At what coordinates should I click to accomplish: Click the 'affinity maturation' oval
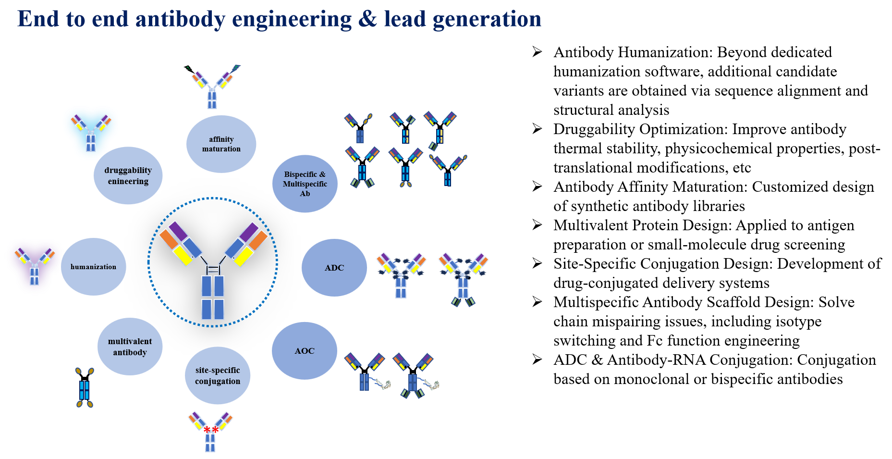click(221, 144)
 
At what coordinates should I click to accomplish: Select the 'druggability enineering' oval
click(128, 175)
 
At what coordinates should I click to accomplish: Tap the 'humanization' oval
click(93, 267)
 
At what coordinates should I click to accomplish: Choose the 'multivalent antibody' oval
click(130, 347)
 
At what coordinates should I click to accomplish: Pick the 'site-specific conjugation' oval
click(218, 375)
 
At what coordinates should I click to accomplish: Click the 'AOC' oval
click(305, 351)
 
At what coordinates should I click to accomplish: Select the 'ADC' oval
click(334, 268)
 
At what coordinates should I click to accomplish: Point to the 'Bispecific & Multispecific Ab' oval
click(305, 184)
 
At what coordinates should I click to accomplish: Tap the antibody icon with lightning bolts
click(212, 87)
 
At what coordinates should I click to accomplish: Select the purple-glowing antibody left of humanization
click(35, 266)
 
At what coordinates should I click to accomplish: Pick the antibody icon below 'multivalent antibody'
click(85, 387)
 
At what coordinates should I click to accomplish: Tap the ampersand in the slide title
click(367, 19)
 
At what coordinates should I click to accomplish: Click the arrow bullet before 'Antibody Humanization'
click(537, 52)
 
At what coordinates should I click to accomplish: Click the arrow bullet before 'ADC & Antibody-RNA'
click(537, 360)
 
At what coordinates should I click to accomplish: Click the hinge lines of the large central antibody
click(213, 270)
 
